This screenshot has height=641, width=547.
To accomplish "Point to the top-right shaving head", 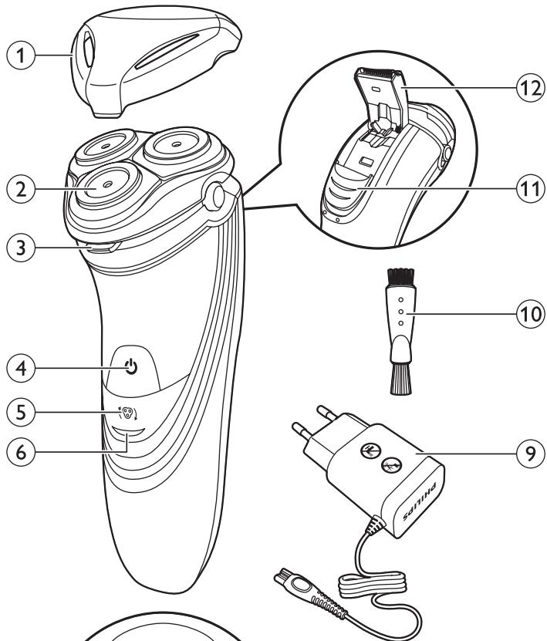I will tap(177, 144).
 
